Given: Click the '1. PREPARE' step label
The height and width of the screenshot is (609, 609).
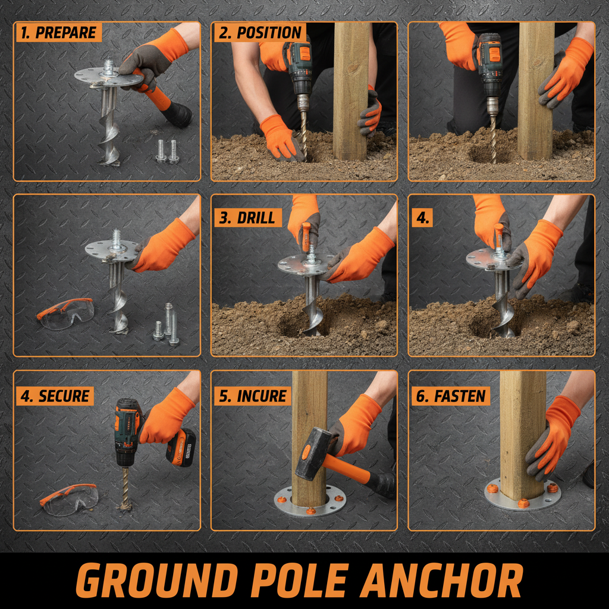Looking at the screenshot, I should (x=58, y=32).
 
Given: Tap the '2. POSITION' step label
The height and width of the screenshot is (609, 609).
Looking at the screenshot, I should (x=259, y=32).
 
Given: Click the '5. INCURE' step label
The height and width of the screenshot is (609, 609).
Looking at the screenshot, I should (x=253, y=396).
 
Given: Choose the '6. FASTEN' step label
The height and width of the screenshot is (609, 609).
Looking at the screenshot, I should (x=451, y=396).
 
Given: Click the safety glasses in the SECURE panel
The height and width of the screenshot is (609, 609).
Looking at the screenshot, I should (x=70, y=498).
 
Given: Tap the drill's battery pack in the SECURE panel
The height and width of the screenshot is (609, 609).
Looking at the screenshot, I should (x=182, y=447).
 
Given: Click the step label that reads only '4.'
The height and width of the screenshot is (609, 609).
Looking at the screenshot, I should (x=422, y=217).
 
